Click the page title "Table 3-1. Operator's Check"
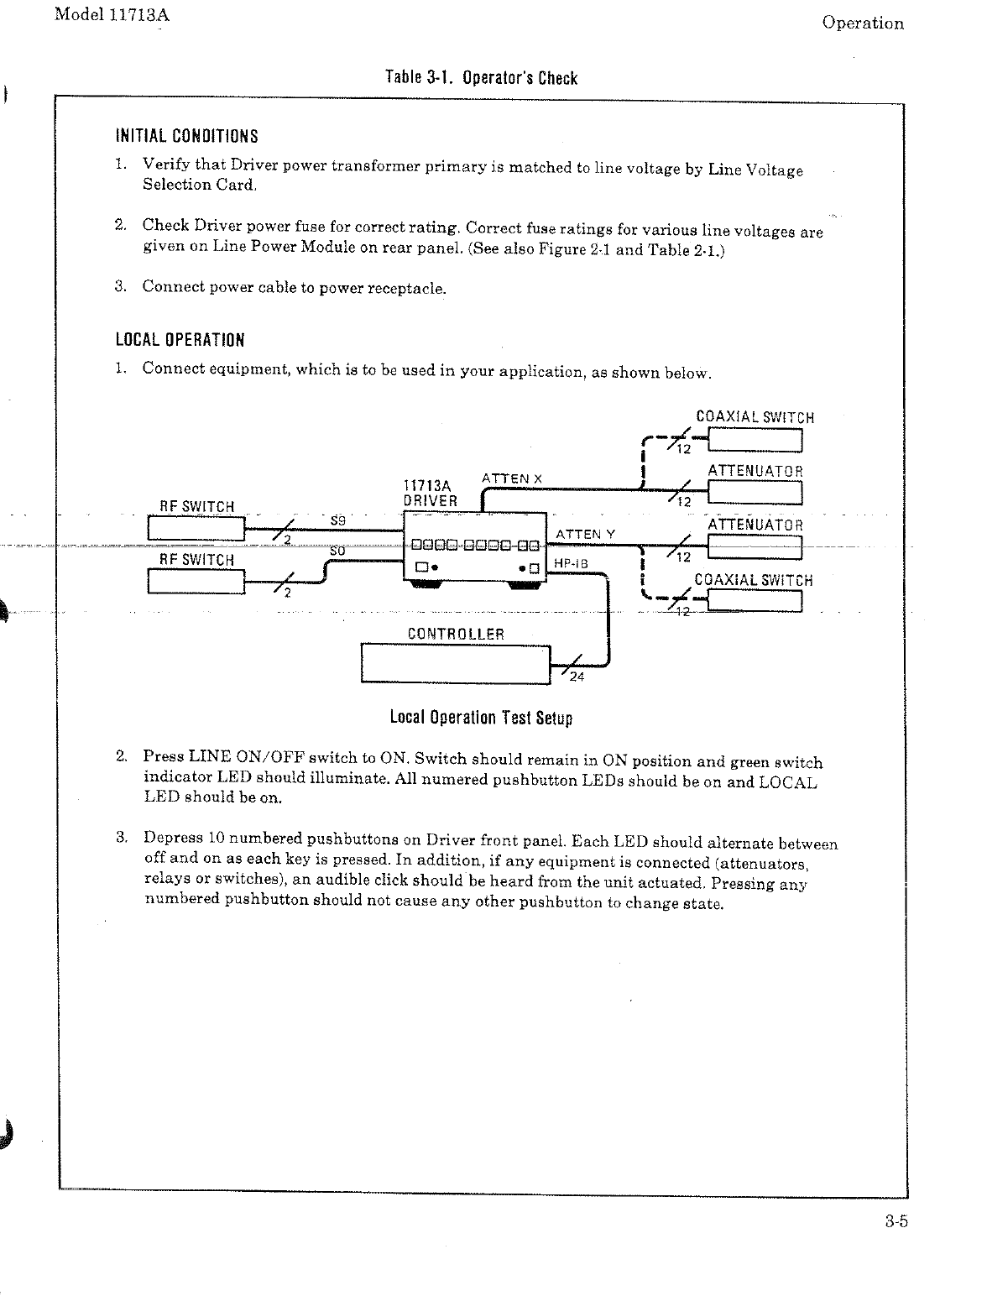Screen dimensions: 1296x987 click(481, 78)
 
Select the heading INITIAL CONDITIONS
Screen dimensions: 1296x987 click(186, 136)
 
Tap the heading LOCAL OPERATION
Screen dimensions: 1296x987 click(180, 340)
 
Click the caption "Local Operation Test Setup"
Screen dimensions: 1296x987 click(481, 718)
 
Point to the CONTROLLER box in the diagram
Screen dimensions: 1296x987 click(456, 663)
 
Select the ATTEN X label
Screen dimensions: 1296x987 click(512, 478)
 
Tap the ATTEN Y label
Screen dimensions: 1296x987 click(585, 534)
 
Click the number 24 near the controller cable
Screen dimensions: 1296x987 click(577, 678)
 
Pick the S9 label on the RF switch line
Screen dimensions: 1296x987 click(339, 520)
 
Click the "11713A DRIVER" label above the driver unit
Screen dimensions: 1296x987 click(430, 494)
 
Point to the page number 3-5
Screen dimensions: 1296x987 click(896, 1221)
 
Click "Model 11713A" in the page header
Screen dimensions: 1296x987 click(111, 16)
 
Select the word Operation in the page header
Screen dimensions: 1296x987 click(863, 24)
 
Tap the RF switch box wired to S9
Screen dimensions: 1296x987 click(196, 528)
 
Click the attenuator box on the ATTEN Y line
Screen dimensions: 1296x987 click(755, 547)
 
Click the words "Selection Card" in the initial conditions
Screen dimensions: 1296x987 click(198, 185)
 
